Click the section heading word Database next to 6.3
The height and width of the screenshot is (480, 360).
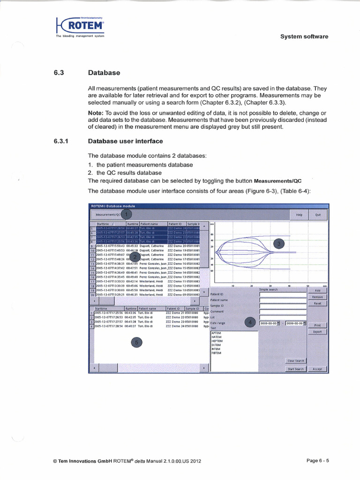[104, 73]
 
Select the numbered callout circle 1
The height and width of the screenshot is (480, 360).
[126, 214]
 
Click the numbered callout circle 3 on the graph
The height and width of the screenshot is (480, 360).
[279, 243]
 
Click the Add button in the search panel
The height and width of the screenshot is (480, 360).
[317, 290]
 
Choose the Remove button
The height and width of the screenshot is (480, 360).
[317, 297]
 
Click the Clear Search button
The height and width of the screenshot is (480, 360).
[296, 360]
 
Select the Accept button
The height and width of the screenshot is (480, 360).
[317, 369]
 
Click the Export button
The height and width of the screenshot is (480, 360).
[317, 331]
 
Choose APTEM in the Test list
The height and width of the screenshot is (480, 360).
[216, 333]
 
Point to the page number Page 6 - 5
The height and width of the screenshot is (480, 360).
[317, 461]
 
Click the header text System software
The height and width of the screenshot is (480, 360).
[304, 37]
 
